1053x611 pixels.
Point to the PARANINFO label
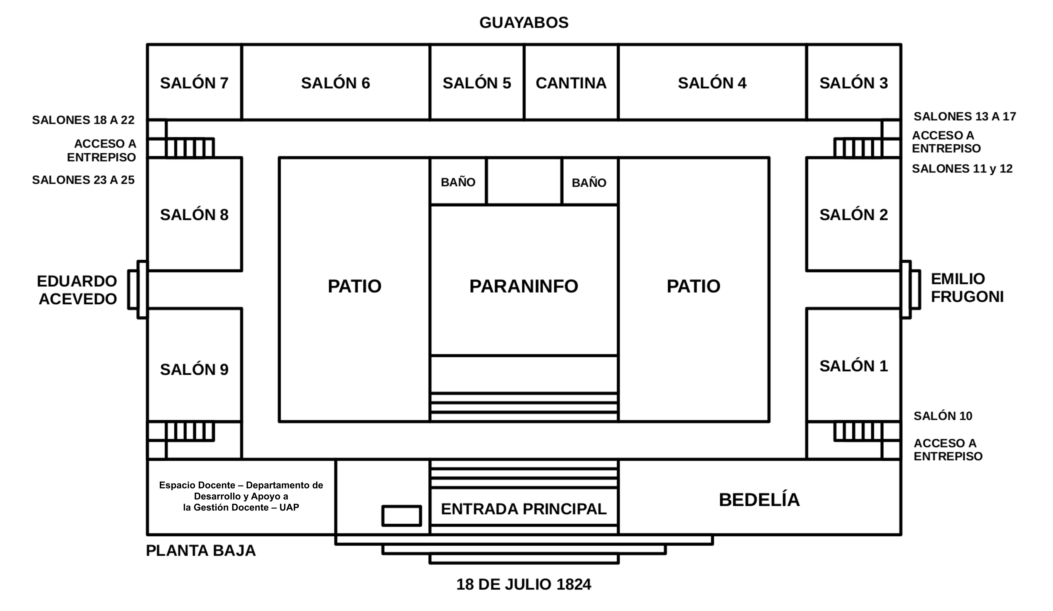point(524,286)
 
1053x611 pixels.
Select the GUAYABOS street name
point(524,22)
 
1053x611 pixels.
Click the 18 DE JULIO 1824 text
point(524,584)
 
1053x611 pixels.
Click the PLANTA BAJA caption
point(201,550)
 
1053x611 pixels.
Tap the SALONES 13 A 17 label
point(964,116)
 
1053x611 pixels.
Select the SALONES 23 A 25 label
point(83,180)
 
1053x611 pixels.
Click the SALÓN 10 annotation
point(943,416)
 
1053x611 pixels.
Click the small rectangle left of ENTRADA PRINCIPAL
point(402,516)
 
